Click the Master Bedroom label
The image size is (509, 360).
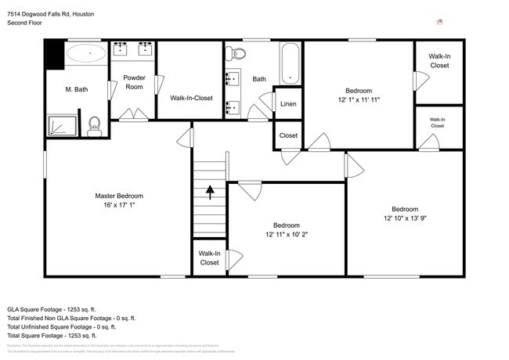point(119,196)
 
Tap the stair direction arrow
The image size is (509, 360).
point(209,189)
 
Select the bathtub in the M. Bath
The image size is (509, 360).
point(85,53)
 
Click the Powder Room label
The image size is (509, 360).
point(134,82)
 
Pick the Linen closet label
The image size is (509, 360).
point(288,103)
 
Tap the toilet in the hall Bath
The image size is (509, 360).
point(236,53)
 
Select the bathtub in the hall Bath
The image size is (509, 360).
point(290,63)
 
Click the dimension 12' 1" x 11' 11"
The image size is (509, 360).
point(359,100)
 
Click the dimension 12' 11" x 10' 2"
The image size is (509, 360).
point(287,234)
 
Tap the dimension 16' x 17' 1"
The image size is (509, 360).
point(119,205)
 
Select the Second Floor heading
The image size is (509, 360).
point(24,23)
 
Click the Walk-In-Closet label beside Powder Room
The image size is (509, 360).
point(192,98)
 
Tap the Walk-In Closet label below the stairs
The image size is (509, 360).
point(209,258)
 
